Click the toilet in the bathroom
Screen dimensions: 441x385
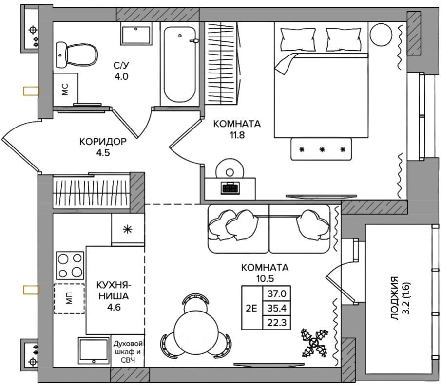click(x=77, y=55)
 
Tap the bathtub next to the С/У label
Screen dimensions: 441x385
click(x=179, y=64)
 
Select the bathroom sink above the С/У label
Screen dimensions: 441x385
click(x=136, y=33)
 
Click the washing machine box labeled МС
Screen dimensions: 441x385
click(x=65, y=89)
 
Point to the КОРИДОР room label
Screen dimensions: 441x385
click(x=103, y=141)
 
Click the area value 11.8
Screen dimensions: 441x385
click(x=237, y=135)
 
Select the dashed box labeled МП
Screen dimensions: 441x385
click(x=69, y=298)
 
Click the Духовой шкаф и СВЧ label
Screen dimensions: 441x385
click(x=128, y=351)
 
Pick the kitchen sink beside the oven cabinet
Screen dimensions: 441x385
click(x=94, y=350)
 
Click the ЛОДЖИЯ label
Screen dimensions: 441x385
click(x=395, y=298)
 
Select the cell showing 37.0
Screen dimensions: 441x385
click(x=277, y=293)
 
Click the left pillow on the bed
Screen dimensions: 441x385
click(x=298, y=39)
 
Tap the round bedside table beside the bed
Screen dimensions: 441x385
click(x=381, y=35)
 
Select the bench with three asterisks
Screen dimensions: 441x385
click(x=321, y=149)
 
